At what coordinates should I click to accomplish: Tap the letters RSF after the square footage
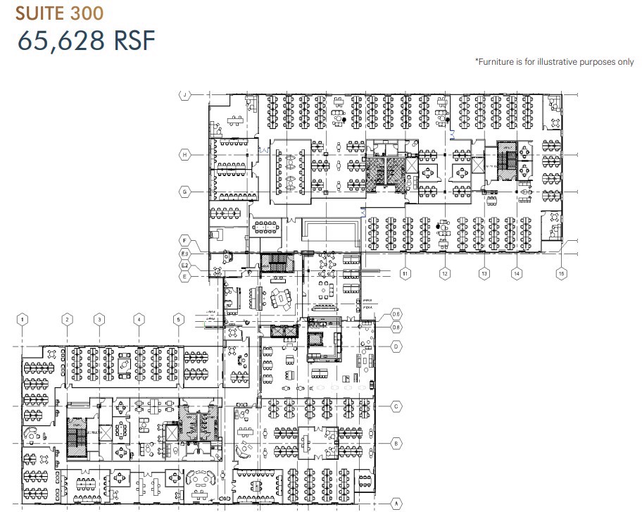[132, 41]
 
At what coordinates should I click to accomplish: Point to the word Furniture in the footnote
[498, 62]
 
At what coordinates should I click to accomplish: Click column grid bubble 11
[405, 273]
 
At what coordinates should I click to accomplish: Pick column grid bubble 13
[484, 273]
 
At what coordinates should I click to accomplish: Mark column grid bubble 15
[561, 273]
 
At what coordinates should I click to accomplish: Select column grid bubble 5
[179, 320]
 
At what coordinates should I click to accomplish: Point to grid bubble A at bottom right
[396, 503]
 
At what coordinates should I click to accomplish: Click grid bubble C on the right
[396, 406]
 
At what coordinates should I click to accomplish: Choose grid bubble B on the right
[396, 444]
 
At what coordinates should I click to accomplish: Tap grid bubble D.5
[396, 313]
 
